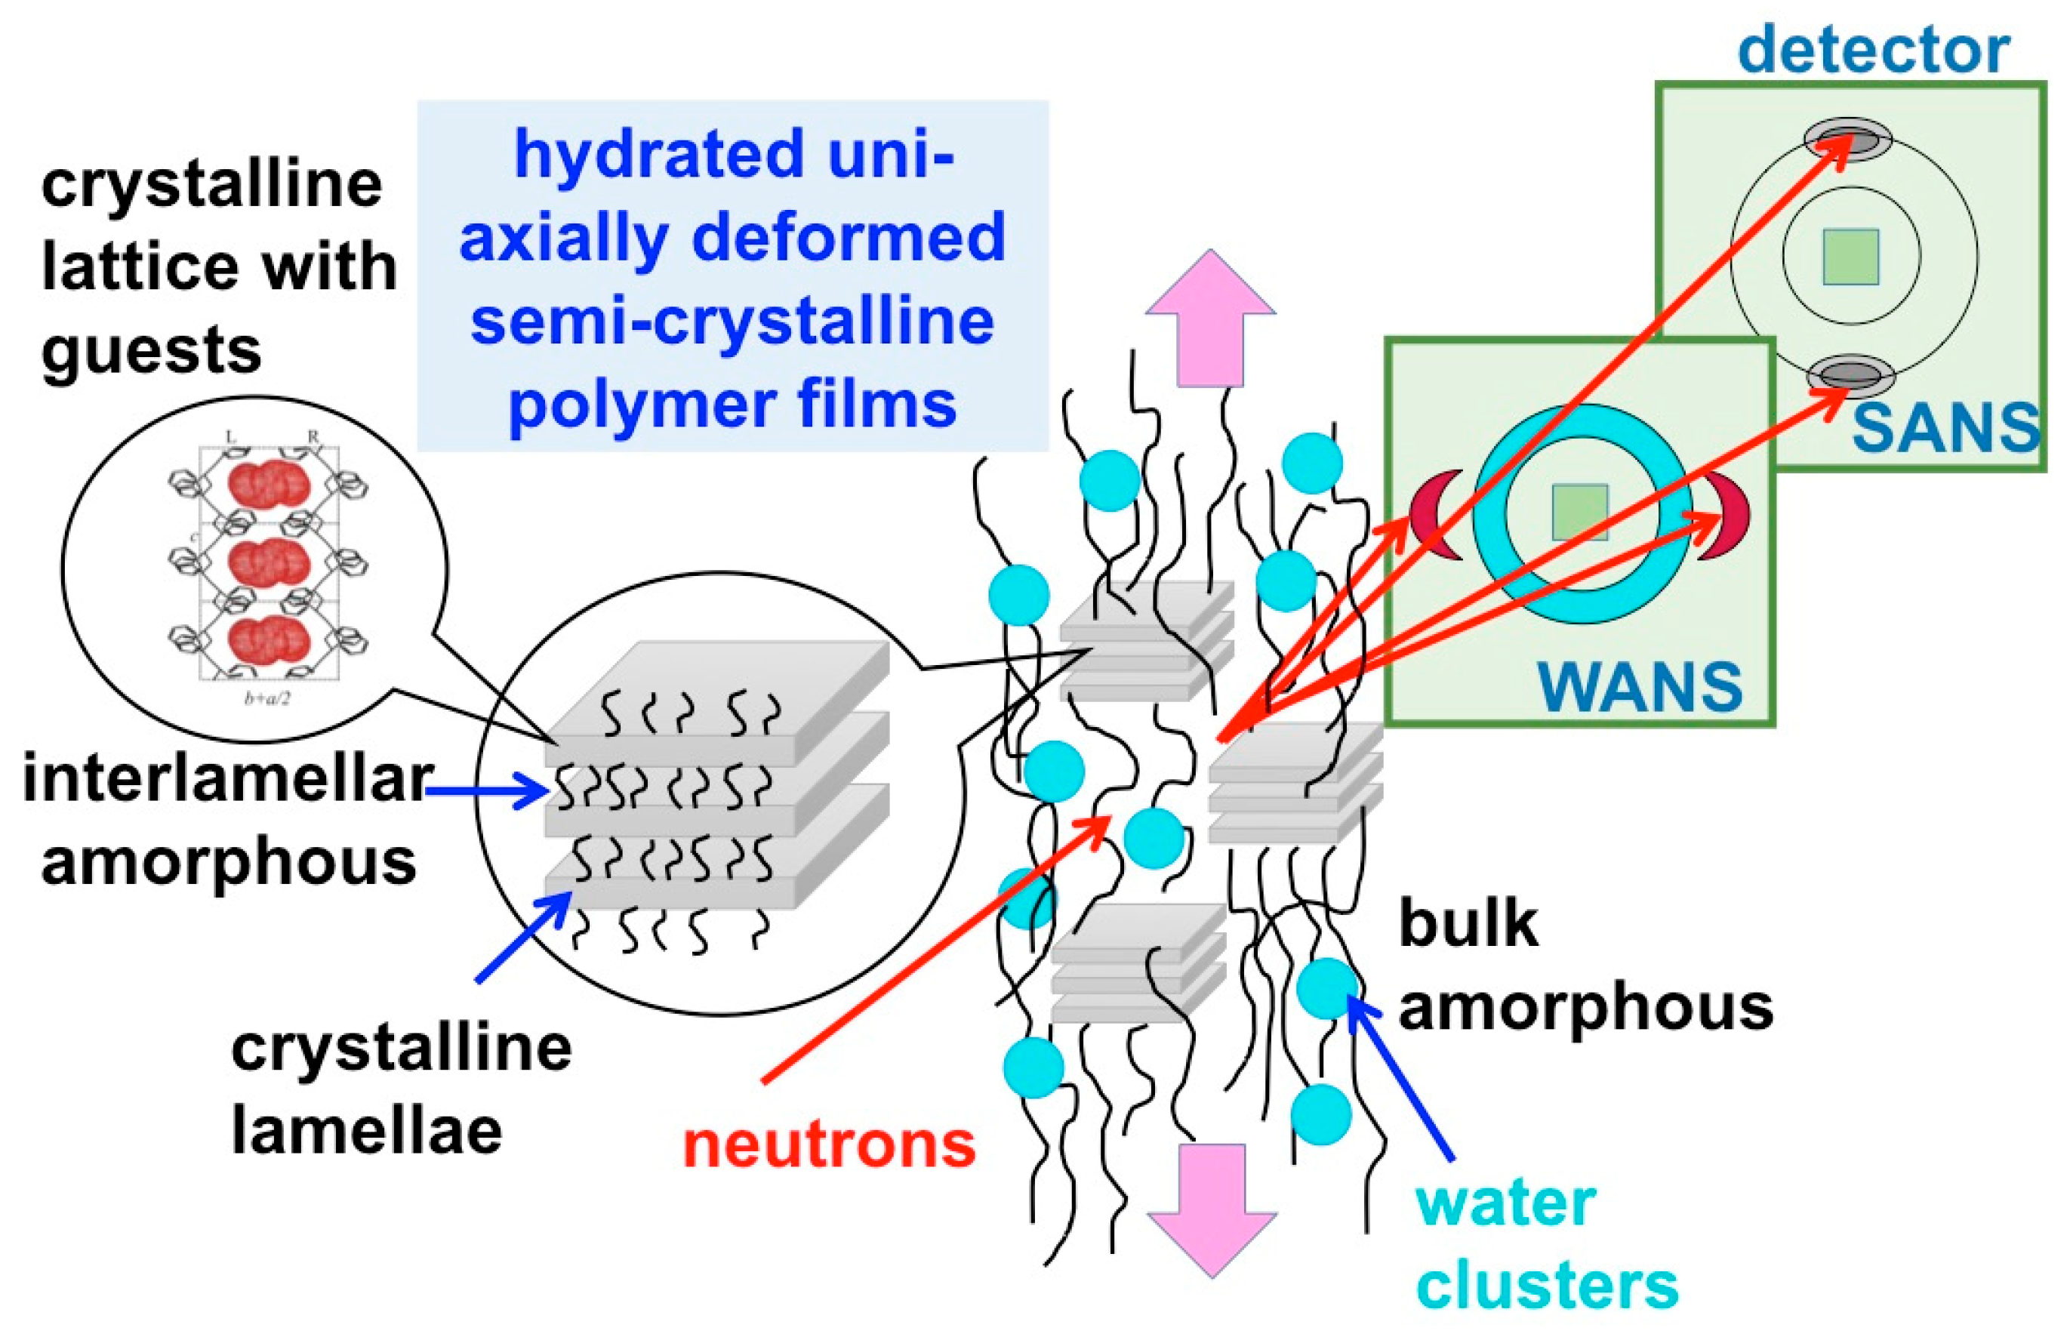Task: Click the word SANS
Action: (x=1945, y=429)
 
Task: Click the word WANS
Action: (x=1640, y=687)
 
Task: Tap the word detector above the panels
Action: (x=1874, y=50)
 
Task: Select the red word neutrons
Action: (x=829, y=1144)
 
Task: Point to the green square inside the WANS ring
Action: (x=1579, y=511)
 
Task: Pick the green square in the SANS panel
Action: (x=1851, y=257)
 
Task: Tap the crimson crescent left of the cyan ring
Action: (x=1431, y=515)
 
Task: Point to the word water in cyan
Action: (x=1505, y=1203)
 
